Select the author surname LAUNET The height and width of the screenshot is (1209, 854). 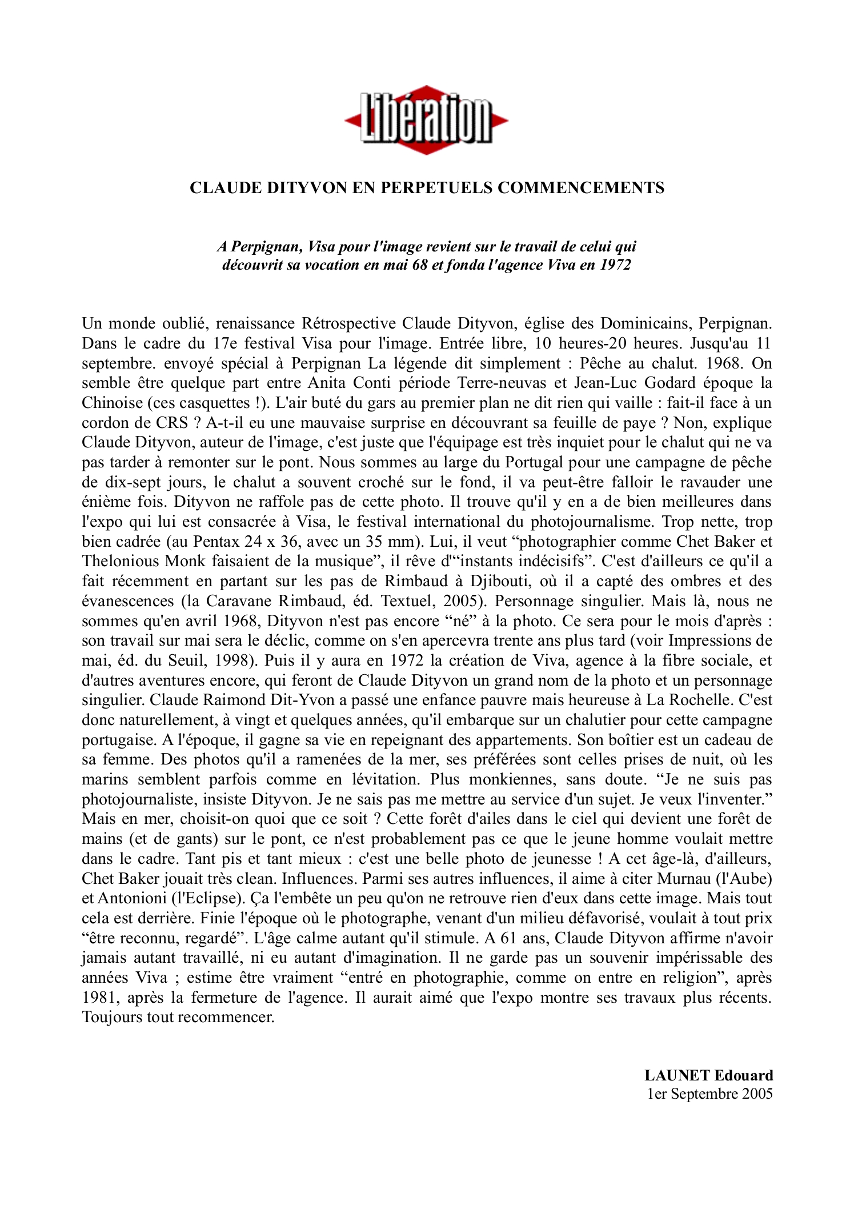click(x=676, y=1076)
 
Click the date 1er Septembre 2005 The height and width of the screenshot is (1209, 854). click(x=709, y=1094)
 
